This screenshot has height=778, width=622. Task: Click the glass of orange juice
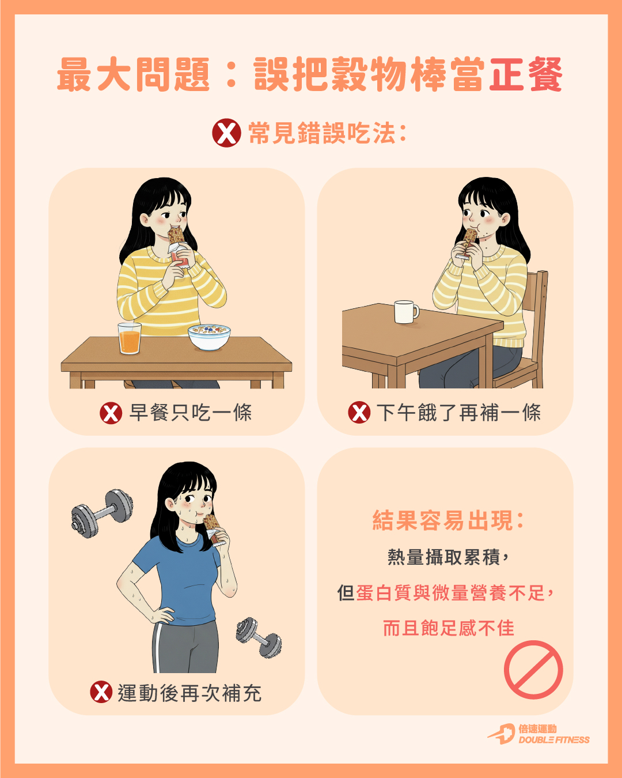(x=130, y=338)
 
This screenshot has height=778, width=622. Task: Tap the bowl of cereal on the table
(x=209, y=337)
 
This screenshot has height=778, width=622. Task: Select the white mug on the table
(x=406, y=312)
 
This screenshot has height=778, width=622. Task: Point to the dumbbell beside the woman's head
(x=102, y=513)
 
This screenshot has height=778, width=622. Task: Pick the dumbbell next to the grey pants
(x=259, y=637)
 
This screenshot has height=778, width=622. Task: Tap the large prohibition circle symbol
(x=533, y=670)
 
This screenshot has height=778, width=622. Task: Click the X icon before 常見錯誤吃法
(x=226, y=133)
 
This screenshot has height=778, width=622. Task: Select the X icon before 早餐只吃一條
(x=111, y=413)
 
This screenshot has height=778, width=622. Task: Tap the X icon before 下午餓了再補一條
(x=359, y=412)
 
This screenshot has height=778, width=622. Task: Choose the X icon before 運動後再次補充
(x=101, y=692)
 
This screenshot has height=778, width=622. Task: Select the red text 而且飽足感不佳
(x=448, y=628)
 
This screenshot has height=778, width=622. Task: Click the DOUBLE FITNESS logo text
(x=553, y=740)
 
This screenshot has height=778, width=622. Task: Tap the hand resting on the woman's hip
(x=162, y=614)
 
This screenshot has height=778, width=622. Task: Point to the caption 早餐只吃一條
(x=191, y=413)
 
